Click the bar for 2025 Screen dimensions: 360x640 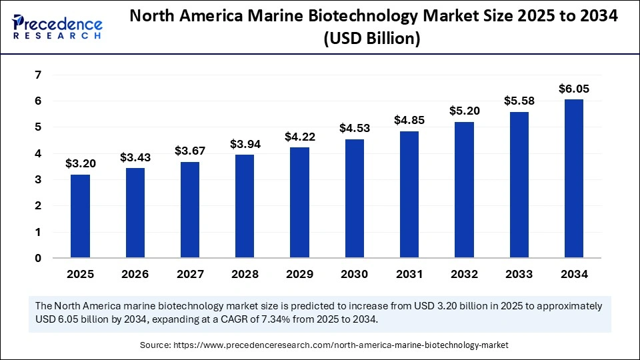(80, 216)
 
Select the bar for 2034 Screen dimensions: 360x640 (574, 179)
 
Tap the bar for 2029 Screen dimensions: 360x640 (299, 203)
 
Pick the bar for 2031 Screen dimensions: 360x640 (409, 194)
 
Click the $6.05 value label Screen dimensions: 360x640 (574, 89)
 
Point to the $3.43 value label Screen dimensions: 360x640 (135, 158)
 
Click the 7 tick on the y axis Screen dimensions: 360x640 (39, 75)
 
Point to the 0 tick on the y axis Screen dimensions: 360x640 (39, 258)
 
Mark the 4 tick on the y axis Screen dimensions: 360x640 (39, 153)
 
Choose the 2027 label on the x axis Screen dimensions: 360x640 (190, 274)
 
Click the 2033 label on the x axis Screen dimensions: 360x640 (519, 274)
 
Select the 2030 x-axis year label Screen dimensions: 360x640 (355, 274)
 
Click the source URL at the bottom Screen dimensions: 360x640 (341, 345)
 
